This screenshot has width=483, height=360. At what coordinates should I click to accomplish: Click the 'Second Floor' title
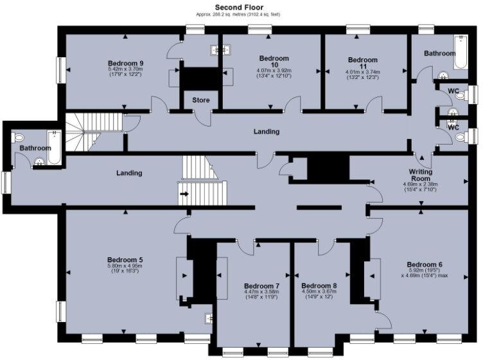(241, 6)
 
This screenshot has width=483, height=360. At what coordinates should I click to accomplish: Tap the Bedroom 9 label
(125, 63)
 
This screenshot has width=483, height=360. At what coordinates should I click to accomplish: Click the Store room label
(200, 100)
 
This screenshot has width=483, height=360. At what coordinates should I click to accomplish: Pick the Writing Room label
(421, 175)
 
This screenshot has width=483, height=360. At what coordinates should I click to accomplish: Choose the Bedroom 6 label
(425, 264)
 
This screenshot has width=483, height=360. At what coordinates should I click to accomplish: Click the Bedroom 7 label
(261, 285)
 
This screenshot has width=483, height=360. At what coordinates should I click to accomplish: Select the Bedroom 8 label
(319, 285)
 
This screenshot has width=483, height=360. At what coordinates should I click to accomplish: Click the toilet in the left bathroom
(19, 137)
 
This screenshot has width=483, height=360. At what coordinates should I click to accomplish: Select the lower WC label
(453, 127)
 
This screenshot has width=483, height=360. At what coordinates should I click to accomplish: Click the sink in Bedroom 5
(208, 317)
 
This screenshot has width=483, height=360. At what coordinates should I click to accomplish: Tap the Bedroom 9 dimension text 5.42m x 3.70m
(126, 69)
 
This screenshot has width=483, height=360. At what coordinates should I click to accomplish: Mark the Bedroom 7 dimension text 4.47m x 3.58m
(261, 292)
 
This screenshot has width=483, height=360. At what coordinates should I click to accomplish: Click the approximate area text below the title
(241, 14)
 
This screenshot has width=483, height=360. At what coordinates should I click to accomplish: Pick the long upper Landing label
(267, 132)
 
